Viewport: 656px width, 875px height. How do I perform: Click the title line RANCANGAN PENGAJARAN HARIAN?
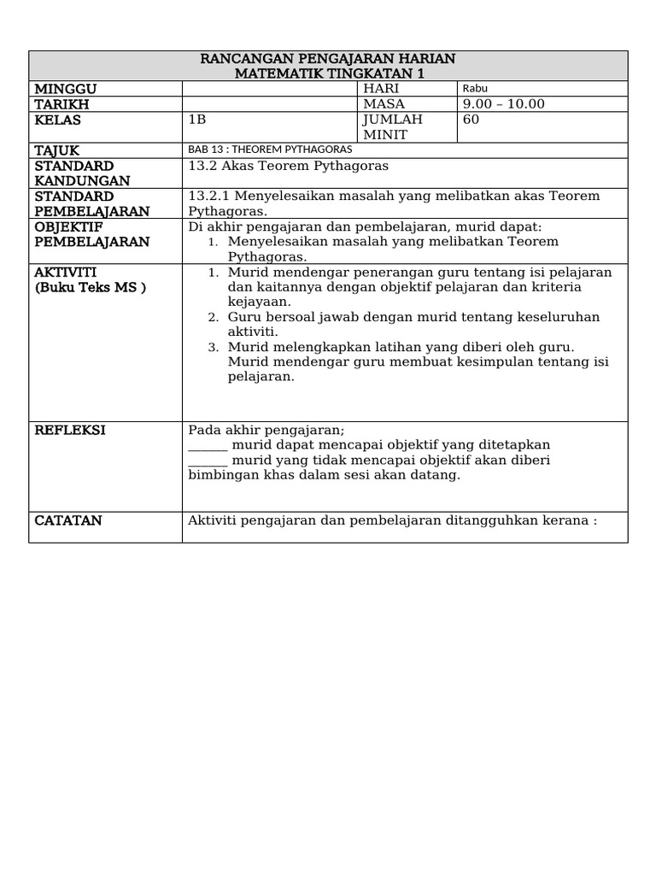click(x=328, y=59)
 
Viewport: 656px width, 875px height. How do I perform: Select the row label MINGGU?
click(x=66, y=89)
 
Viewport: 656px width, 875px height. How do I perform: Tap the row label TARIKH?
click(x=61, y=104)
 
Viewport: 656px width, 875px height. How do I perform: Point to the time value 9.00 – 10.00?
click(x=503, y=104)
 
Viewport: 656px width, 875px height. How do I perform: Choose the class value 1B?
click(x=196, y=120)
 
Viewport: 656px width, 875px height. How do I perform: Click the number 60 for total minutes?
click(x=471, y=120)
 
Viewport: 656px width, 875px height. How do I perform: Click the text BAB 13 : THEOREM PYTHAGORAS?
click(x=269, y=150)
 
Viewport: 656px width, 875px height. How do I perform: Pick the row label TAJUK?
click(x=57, y=150)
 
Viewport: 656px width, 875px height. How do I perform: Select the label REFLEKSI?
click(x=70, y=430)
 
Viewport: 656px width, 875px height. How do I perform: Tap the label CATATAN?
click(x=68, y=520)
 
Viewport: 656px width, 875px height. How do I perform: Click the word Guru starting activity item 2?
click(x=244, y=317)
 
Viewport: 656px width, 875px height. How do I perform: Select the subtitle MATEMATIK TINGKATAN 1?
click(x=328, y=74)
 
